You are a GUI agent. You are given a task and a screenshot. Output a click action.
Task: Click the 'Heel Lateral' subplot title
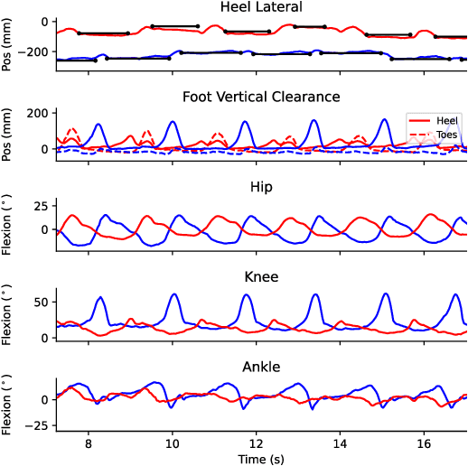pos(261,8)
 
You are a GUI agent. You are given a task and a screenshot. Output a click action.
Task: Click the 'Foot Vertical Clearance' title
pos(261,97)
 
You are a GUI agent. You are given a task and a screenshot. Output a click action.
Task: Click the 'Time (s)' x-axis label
pos(261,459)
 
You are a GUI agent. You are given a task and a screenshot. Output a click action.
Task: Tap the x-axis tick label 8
pos(88,444)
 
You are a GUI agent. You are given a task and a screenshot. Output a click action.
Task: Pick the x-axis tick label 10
pos(172,444)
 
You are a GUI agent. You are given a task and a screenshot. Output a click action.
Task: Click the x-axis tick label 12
pos(256,444)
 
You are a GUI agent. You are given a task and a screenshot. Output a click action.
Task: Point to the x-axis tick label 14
pos(340,444)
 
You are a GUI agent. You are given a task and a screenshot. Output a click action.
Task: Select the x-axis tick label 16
pos(424,444)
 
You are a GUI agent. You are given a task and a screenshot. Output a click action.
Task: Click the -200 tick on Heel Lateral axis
pos(37,52)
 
